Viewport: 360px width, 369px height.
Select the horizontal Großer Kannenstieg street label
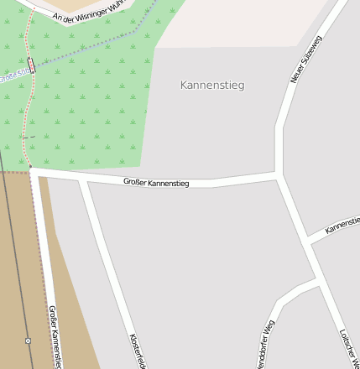[156, 182]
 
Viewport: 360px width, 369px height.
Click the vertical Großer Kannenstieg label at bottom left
[55, 336]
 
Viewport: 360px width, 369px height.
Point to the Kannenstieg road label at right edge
[342, 225]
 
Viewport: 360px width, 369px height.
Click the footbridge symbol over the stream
[31, 65]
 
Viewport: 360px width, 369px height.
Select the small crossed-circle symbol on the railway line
[28, 340]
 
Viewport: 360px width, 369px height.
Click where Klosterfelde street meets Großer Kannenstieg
[83, 179]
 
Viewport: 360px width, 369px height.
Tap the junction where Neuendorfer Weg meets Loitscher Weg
[320, 283]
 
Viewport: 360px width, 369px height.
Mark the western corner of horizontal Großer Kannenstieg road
[32, 171]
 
